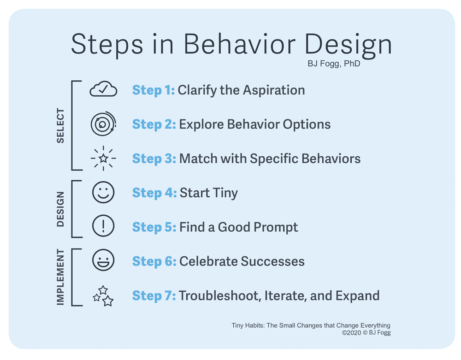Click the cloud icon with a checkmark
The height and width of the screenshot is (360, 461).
[x=103, y=89]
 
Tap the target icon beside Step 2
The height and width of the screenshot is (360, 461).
[x=103, y=124]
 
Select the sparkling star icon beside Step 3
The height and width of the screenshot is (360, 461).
[x=103, y=158]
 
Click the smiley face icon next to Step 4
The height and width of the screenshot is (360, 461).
[x=103, y=192]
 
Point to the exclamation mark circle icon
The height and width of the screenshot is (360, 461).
[x=103, y=226]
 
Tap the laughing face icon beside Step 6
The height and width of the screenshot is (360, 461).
[x=103, y=260]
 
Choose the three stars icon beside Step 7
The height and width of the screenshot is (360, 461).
[x=103, y=296]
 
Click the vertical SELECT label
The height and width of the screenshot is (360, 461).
[x=60, y=126]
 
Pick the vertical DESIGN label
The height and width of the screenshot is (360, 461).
[x=60, y=209]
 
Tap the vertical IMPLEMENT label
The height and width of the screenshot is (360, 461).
[x=60, y=277]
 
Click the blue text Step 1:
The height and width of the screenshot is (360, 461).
[x=153, y=90]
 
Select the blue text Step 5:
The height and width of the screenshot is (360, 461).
[x=154, y=227]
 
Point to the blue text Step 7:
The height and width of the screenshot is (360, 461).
[x=154, y=296]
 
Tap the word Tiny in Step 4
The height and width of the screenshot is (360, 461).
[x=225, y=193]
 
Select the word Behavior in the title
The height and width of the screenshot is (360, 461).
[x=239, y=44]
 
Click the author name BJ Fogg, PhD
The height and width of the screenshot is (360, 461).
[x=334, y=64]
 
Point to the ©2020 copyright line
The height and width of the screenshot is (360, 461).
[x=366, y=333]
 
